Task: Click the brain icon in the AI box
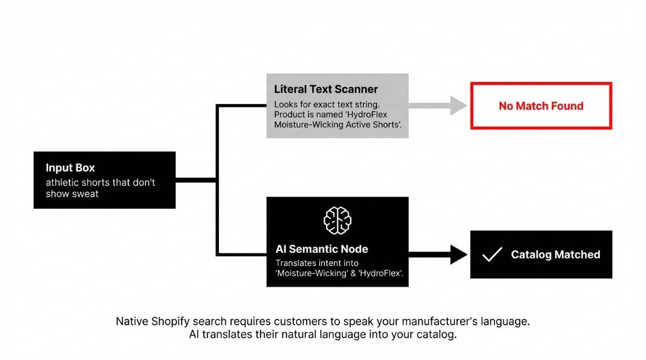[338, 220]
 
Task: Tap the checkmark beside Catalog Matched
[491, 254]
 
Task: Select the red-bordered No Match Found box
[541, 106]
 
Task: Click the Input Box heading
[70, 168]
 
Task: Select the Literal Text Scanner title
[326, 90]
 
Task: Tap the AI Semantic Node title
[322, 249]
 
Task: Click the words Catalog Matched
[555, 255]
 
